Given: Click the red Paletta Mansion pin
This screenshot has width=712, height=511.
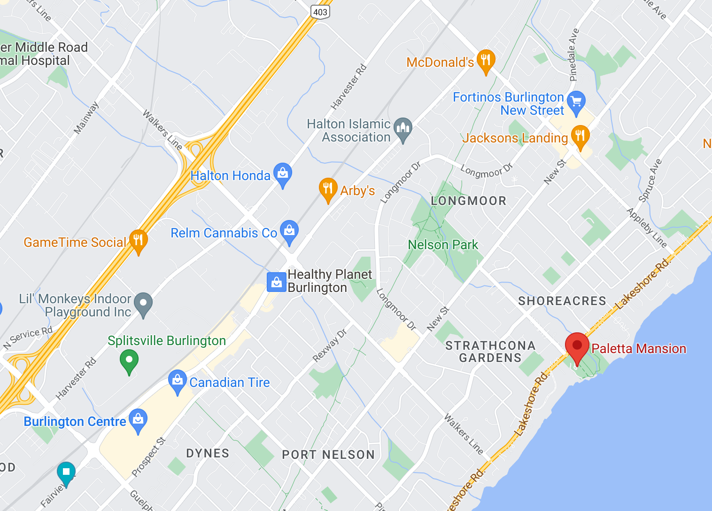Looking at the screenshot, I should [577, 346].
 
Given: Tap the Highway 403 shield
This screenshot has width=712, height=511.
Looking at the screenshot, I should [320, 12].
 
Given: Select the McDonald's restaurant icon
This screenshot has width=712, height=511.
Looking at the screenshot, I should [486, 60].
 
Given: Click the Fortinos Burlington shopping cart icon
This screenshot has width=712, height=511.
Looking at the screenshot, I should [576, 102].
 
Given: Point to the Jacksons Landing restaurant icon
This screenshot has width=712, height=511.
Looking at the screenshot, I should [580, 136].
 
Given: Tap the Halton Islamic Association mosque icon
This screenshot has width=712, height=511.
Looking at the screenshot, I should [403, 128].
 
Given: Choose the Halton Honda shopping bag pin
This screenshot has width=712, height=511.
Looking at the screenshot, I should [283, 173].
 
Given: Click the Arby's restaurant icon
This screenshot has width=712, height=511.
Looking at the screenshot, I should [328, 189].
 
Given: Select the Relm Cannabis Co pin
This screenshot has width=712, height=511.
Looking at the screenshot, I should [289, 231].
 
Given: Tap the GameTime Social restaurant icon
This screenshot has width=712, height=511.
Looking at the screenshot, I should [138, 240].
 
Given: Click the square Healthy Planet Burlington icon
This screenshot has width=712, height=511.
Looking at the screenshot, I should [277, 282].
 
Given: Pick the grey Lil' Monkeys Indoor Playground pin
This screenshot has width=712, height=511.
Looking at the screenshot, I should [143, 303].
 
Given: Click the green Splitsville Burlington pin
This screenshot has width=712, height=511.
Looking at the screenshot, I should [129, 361].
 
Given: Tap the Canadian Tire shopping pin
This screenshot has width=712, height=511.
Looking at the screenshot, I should [178, 381].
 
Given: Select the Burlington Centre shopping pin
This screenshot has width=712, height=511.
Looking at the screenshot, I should [138, 419].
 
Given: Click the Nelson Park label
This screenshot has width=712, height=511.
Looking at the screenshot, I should [442, 245].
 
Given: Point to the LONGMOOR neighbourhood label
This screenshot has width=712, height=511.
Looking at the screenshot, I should [468, 201].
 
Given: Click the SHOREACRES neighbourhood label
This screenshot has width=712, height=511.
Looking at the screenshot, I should [562, 301].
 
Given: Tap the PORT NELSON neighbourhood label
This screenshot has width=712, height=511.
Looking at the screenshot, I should [328, 455].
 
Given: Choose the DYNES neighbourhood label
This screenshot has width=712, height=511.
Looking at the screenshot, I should [208, 453].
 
